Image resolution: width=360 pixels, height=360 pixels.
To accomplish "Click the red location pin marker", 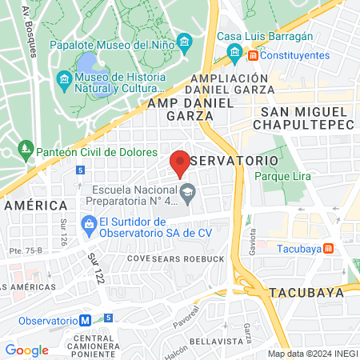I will click(x=180, y=162).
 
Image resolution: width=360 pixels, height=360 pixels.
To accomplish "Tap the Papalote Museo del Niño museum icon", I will click(x=185, y=42).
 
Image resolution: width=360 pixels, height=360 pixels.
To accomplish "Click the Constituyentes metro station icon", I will click(x=253, y=55).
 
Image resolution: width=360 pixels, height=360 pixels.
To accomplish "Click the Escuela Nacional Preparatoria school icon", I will click(x=186, y=190).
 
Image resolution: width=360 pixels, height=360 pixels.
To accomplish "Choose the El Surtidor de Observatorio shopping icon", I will click(x=89, y=227).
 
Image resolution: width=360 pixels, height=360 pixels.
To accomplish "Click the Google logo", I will click(x=26, y=350).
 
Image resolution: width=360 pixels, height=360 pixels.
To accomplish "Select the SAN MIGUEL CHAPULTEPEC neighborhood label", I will click(x=305, y=117).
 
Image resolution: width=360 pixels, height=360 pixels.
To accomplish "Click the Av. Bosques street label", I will click(x=30, y=29).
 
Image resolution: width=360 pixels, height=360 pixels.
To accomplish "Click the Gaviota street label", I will click(x=254, y=237).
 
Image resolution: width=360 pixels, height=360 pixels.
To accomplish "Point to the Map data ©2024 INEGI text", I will click(x=312, y=354).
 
